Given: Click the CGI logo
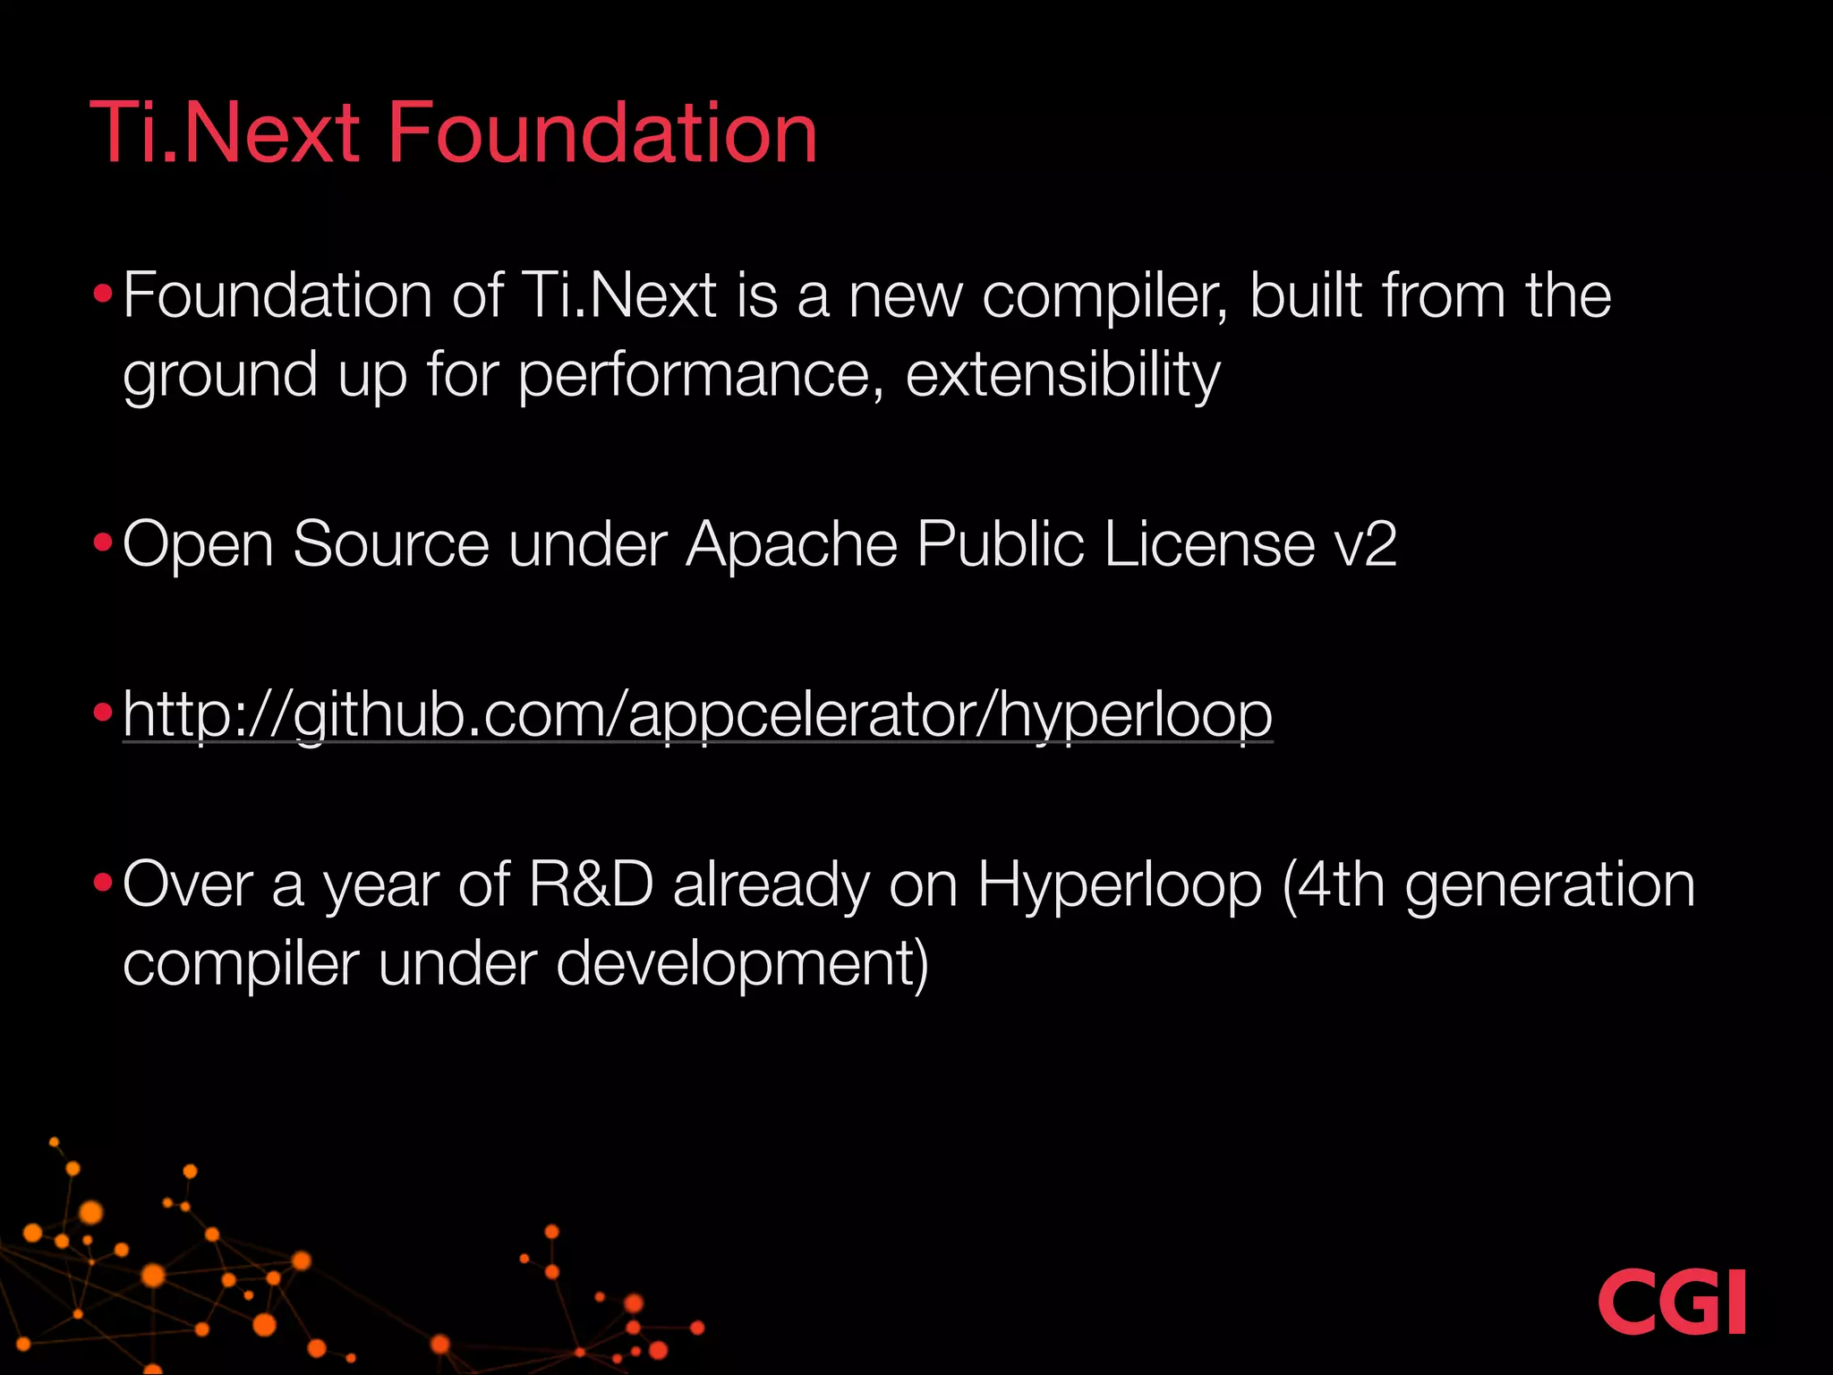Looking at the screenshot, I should (1671, 1302).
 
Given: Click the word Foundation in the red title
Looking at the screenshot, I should (601, 133).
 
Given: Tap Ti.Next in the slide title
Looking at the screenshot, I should (225, 133).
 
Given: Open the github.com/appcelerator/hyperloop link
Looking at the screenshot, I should (697, 714).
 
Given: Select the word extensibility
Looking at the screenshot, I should (1062, 374).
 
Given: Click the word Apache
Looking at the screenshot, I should (791, 544).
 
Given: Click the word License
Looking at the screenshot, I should (1209, 544).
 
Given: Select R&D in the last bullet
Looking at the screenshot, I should (591, 884).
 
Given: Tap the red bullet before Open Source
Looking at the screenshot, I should (103, 542).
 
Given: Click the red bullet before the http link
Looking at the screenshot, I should (103, 713).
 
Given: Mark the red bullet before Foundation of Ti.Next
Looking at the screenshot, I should (103, 294).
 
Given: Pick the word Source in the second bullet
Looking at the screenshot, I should (391, 544).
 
